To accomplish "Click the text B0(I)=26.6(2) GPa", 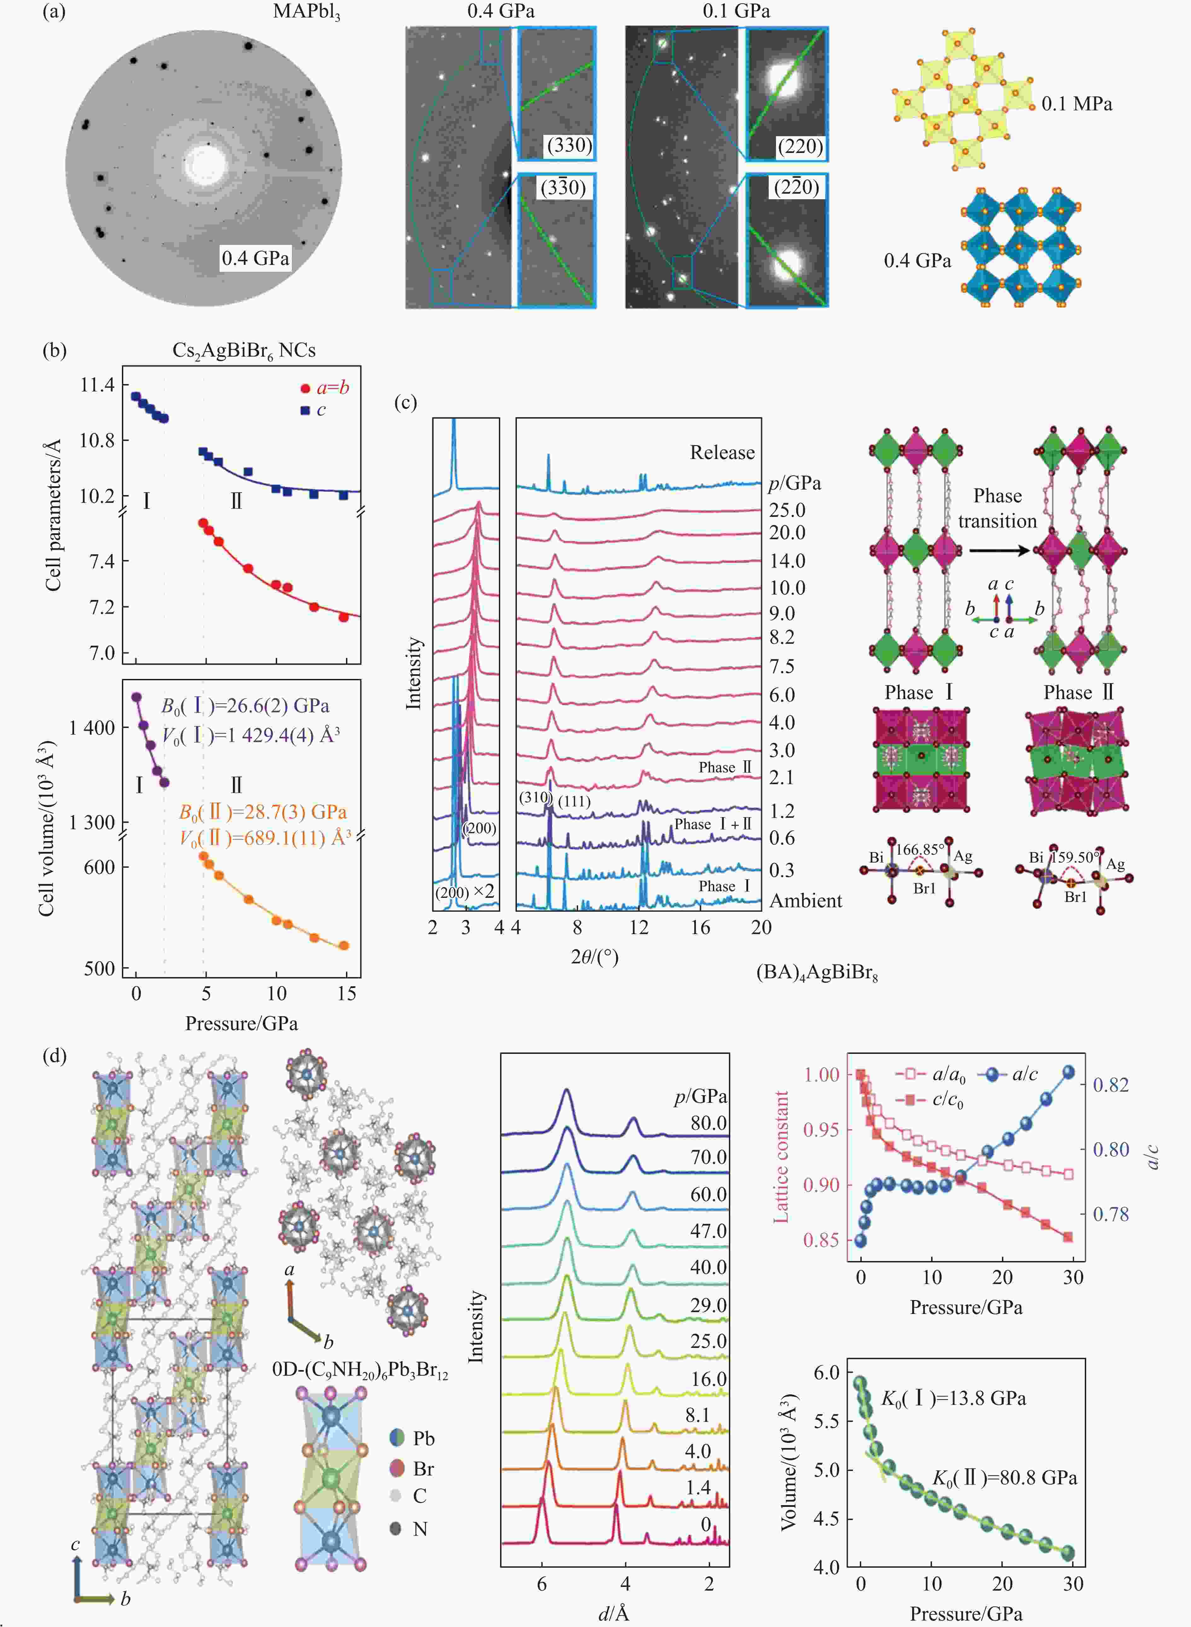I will (245, 705).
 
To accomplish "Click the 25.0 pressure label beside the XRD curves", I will (787, 510).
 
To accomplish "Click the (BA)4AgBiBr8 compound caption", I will (817, 973).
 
